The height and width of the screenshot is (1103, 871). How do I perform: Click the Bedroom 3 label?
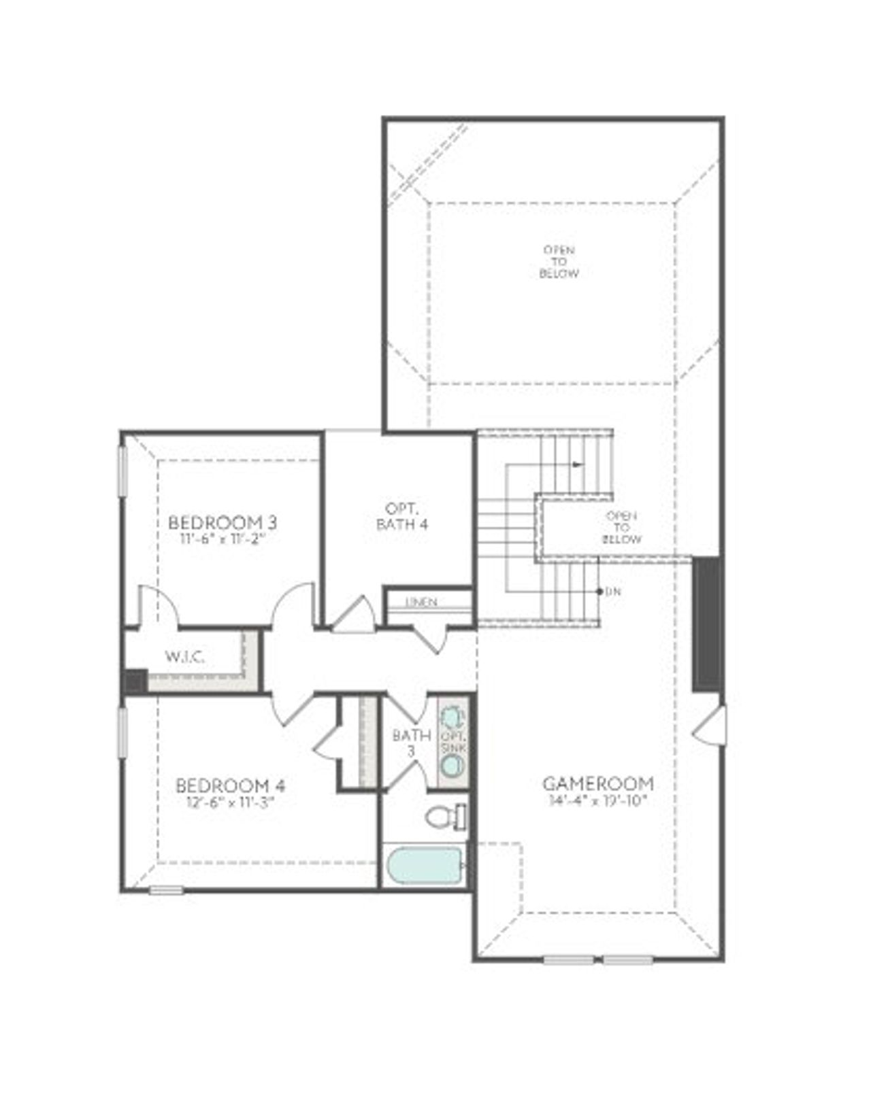222,523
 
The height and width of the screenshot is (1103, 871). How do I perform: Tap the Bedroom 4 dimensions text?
230,802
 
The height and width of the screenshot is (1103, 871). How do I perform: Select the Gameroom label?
599,783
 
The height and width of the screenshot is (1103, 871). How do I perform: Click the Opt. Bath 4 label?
401,516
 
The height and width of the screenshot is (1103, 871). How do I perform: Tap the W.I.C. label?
184,657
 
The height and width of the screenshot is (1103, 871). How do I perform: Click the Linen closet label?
421,603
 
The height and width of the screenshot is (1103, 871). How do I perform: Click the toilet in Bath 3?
446,817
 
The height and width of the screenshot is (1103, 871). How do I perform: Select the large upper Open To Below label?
559,262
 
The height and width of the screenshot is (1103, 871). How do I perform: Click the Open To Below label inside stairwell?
622,528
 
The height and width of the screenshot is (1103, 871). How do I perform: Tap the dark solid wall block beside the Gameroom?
708,624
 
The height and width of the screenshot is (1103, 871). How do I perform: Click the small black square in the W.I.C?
135,681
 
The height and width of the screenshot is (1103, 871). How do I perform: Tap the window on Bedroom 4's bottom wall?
166,890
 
